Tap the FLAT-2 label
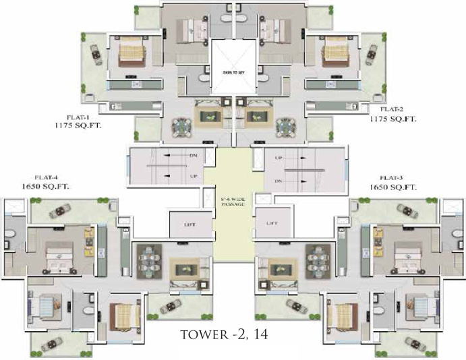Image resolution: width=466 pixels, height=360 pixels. tap(392, 109)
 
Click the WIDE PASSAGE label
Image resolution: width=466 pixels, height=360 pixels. tap(233, 203)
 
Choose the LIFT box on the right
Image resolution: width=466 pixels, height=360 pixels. tap(272, 223)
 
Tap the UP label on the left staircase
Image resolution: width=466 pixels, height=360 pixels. tap(194, 177)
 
